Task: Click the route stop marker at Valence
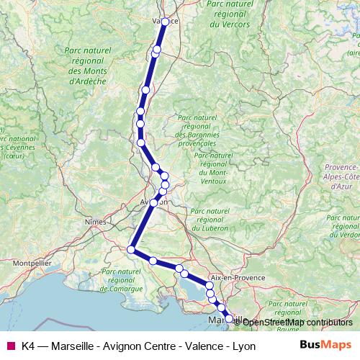click(165, 22)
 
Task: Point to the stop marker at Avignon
click(153, 203)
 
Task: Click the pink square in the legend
click(10, 346)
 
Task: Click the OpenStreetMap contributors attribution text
click(293, 322)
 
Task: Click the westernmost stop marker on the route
click(131, 250)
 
